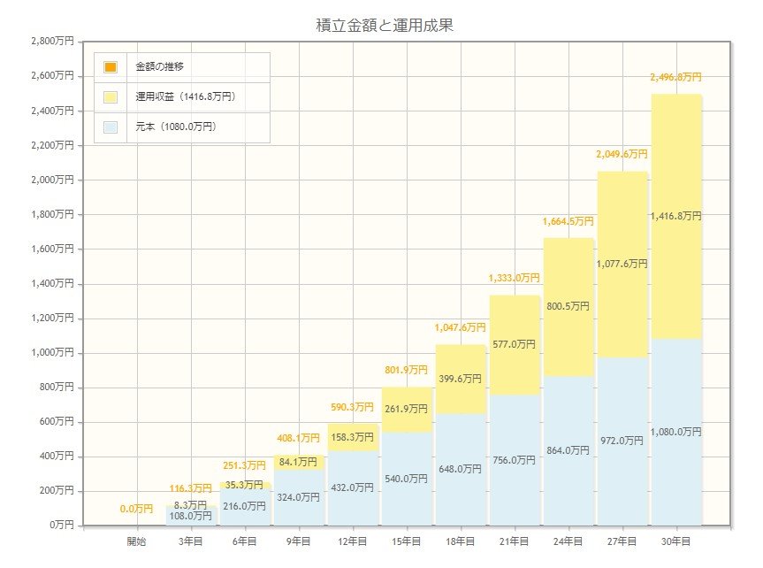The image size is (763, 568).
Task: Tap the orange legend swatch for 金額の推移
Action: point(111,67)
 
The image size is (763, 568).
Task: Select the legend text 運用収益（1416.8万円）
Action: point(186,96)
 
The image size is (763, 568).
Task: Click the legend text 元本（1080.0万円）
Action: point(176,127)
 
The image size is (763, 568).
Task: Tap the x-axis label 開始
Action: point(137,541)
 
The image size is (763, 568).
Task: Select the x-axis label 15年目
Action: point(406,541)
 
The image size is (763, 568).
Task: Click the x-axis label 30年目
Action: point(675,541)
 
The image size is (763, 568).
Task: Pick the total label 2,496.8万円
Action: point(675,78)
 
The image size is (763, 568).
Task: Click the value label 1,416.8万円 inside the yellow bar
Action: point(675,216)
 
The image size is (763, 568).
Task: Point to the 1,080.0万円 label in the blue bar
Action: point(675,432)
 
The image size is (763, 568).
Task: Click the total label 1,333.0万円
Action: point(514,279)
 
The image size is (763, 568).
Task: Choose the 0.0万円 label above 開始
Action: point(137,510)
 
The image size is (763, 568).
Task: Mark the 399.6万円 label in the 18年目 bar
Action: point(460,379)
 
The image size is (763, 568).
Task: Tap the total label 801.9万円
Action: point(406,370)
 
